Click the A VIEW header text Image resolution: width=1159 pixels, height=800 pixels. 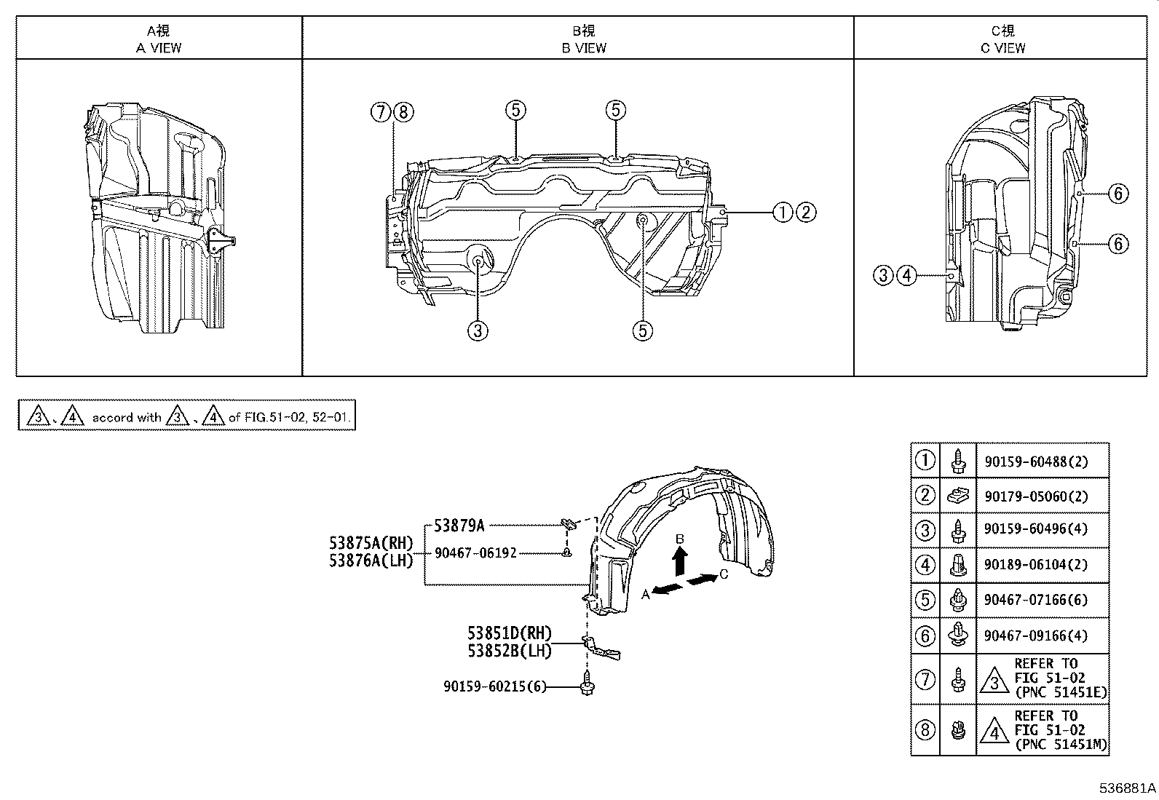tap(159, 48)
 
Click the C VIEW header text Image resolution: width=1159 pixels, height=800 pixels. tap(1002, 48)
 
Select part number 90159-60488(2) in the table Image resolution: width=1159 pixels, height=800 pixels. tap(1036, 461)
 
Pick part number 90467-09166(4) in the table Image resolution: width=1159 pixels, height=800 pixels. tap(1036, 635)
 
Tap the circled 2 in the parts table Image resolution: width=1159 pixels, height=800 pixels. tap(925, 496)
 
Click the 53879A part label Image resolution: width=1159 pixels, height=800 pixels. tap(459, 524)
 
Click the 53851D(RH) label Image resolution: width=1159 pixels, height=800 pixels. tap(510, 633)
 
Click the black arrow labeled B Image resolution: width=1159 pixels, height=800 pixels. tap(679, 562)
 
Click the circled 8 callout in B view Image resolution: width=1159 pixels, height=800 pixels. tap(403, 112)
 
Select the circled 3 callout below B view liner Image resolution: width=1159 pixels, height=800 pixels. tap(477, 331)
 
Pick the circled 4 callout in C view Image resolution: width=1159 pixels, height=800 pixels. tap(906, 275)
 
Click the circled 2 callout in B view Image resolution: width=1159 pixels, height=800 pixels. tap(805, 213)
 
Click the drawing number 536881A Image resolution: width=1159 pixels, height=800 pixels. tap(1126, 788)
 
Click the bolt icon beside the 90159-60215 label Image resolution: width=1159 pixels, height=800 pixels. tap(586, 686)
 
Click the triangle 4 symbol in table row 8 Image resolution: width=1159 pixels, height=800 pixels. tap(994, 731)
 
